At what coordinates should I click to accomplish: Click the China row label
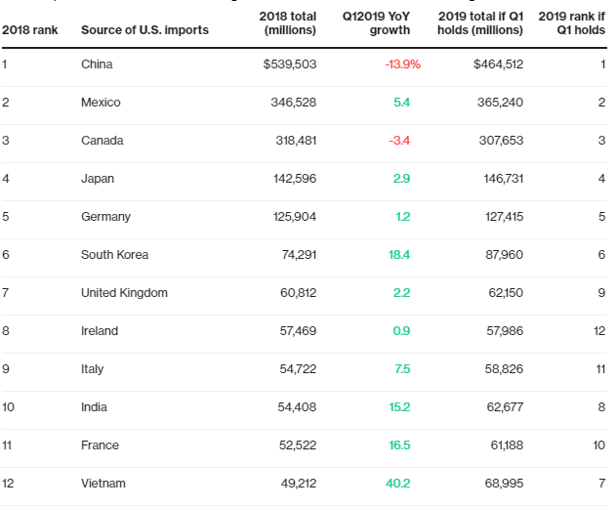[x=97, y=64]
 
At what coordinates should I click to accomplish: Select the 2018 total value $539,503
[x=290, y=64]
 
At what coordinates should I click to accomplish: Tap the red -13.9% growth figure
[x=402, y=64]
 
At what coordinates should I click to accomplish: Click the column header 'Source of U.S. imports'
[x=144, y=30]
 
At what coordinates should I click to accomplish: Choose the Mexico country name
[x=101, y=103]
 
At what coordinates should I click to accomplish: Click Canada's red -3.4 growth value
[x=399, y=141]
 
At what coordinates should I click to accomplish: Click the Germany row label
[x=105, y=217]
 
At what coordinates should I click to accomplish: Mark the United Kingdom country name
[x=124, y=293]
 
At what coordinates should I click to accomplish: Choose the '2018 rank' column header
[x=30, y=30]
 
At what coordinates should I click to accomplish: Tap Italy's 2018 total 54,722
[x=297, y=369]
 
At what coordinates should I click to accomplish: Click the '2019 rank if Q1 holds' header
[x=572, y=23]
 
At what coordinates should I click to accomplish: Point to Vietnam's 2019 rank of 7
[x=601, y=484]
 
